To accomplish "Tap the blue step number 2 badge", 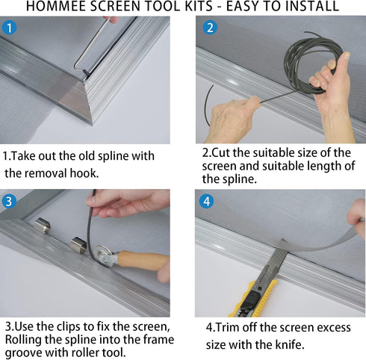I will [210, 28].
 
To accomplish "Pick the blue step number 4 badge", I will [207, 202].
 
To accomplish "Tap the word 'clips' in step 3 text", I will [75, 327].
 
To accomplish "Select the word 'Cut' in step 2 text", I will [225, 152].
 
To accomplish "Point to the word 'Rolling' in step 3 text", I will [25, 341].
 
